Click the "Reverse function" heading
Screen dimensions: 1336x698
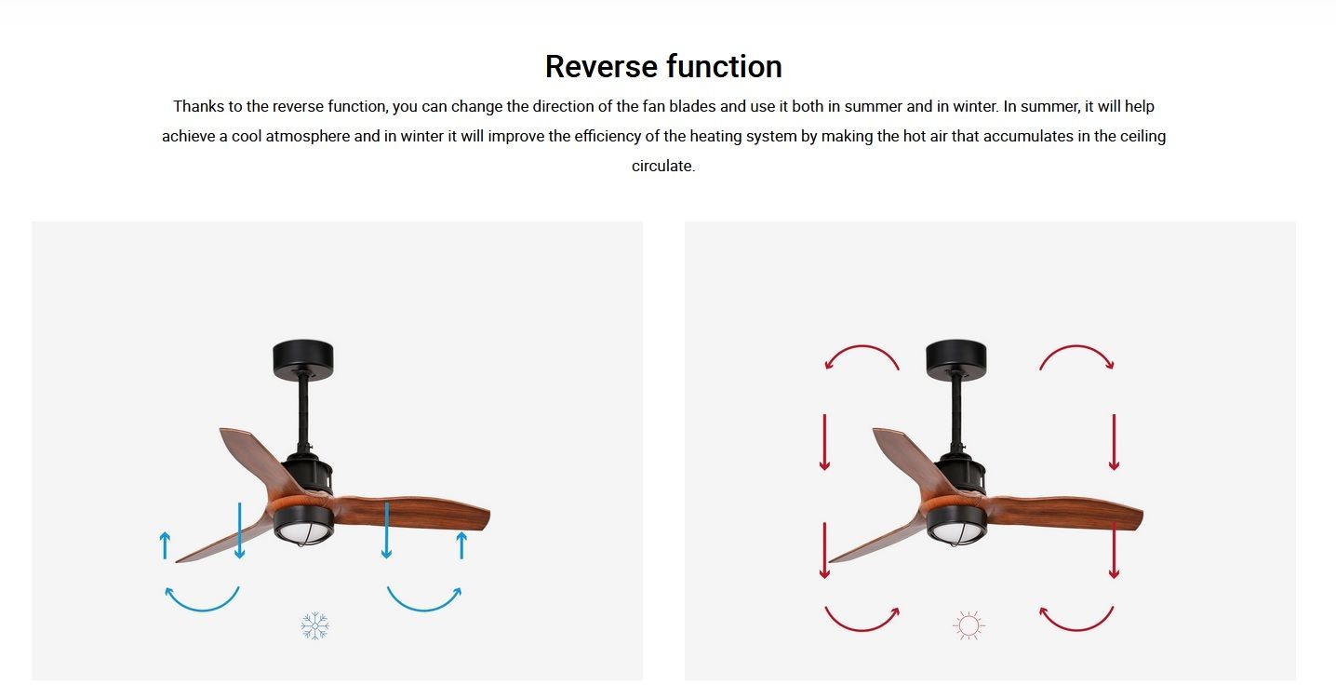(663, 66)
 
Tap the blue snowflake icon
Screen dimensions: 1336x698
(314, 625)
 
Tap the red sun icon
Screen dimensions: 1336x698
(969, 625)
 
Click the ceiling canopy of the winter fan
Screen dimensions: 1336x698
(303, 358)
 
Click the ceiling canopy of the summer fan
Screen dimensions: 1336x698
(956, 358)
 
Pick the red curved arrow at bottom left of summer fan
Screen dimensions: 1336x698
(861, 628)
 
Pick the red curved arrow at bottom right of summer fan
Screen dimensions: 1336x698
(1077, 628)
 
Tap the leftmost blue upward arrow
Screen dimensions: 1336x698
(166, 545)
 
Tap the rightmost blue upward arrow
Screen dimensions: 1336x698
(461, 545)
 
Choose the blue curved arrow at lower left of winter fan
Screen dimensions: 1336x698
(202, 609)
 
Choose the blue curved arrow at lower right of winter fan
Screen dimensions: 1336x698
(424, 609)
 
